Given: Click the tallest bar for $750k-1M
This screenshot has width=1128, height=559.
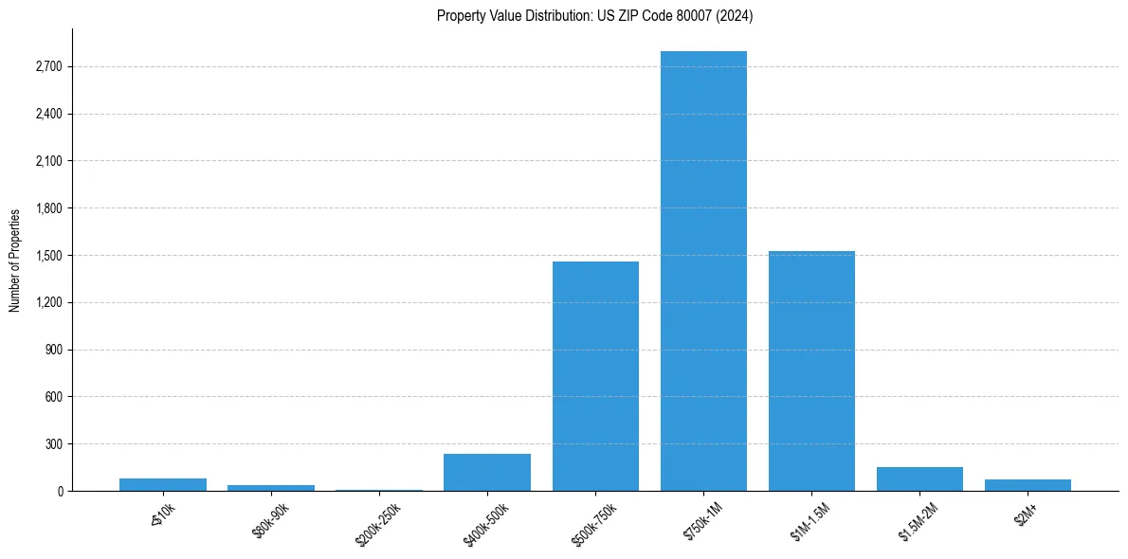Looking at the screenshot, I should click(x=703, y=271).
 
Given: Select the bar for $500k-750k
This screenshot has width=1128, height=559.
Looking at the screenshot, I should click(x=595, y=376).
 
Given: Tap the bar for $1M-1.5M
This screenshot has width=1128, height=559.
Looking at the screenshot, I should click(x=811, y=370).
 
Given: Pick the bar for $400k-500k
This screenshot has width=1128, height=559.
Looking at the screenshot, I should click(x=487, y=472).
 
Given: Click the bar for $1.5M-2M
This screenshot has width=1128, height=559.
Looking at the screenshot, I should click(x=919, y=478).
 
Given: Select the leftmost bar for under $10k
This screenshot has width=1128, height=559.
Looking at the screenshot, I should click(x=163, y=484).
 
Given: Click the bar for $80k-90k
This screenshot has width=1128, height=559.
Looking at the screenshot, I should click(x=271, y=487).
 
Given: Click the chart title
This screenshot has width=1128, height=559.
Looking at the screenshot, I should click(x=595, y=15).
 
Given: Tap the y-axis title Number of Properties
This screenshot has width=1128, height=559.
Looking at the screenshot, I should click(x=15, y=260).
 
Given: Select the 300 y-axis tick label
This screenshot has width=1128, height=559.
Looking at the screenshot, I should click(x=54, y=444).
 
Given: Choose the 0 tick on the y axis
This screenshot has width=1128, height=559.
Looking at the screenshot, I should click(x=59, y=491).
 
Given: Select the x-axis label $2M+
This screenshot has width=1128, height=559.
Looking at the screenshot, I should click(x=1025, y=514).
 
